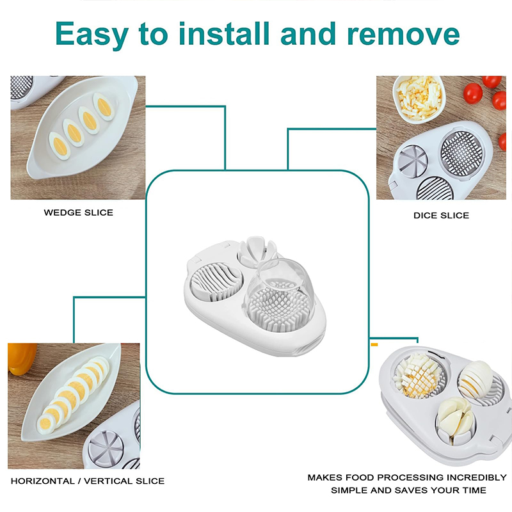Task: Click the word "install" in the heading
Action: pos(225,33)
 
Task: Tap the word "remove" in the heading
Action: pos(403,34)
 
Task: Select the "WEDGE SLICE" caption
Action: pos(78,212)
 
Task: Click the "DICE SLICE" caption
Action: pos(441,216)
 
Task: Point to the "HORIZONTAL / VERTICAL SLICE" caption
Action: pos(88,481)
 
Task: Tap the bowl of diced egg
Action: pos(419,98)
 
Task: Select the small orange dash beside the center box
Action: pos(374,345)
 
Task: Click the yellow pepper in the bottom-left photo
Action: pos(22,358)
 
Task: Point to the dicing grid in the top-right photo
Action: pos(461,154)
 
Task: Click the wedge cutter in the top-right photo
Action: pos(412,161)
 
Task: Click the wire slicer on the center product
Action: pos(216,282)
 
